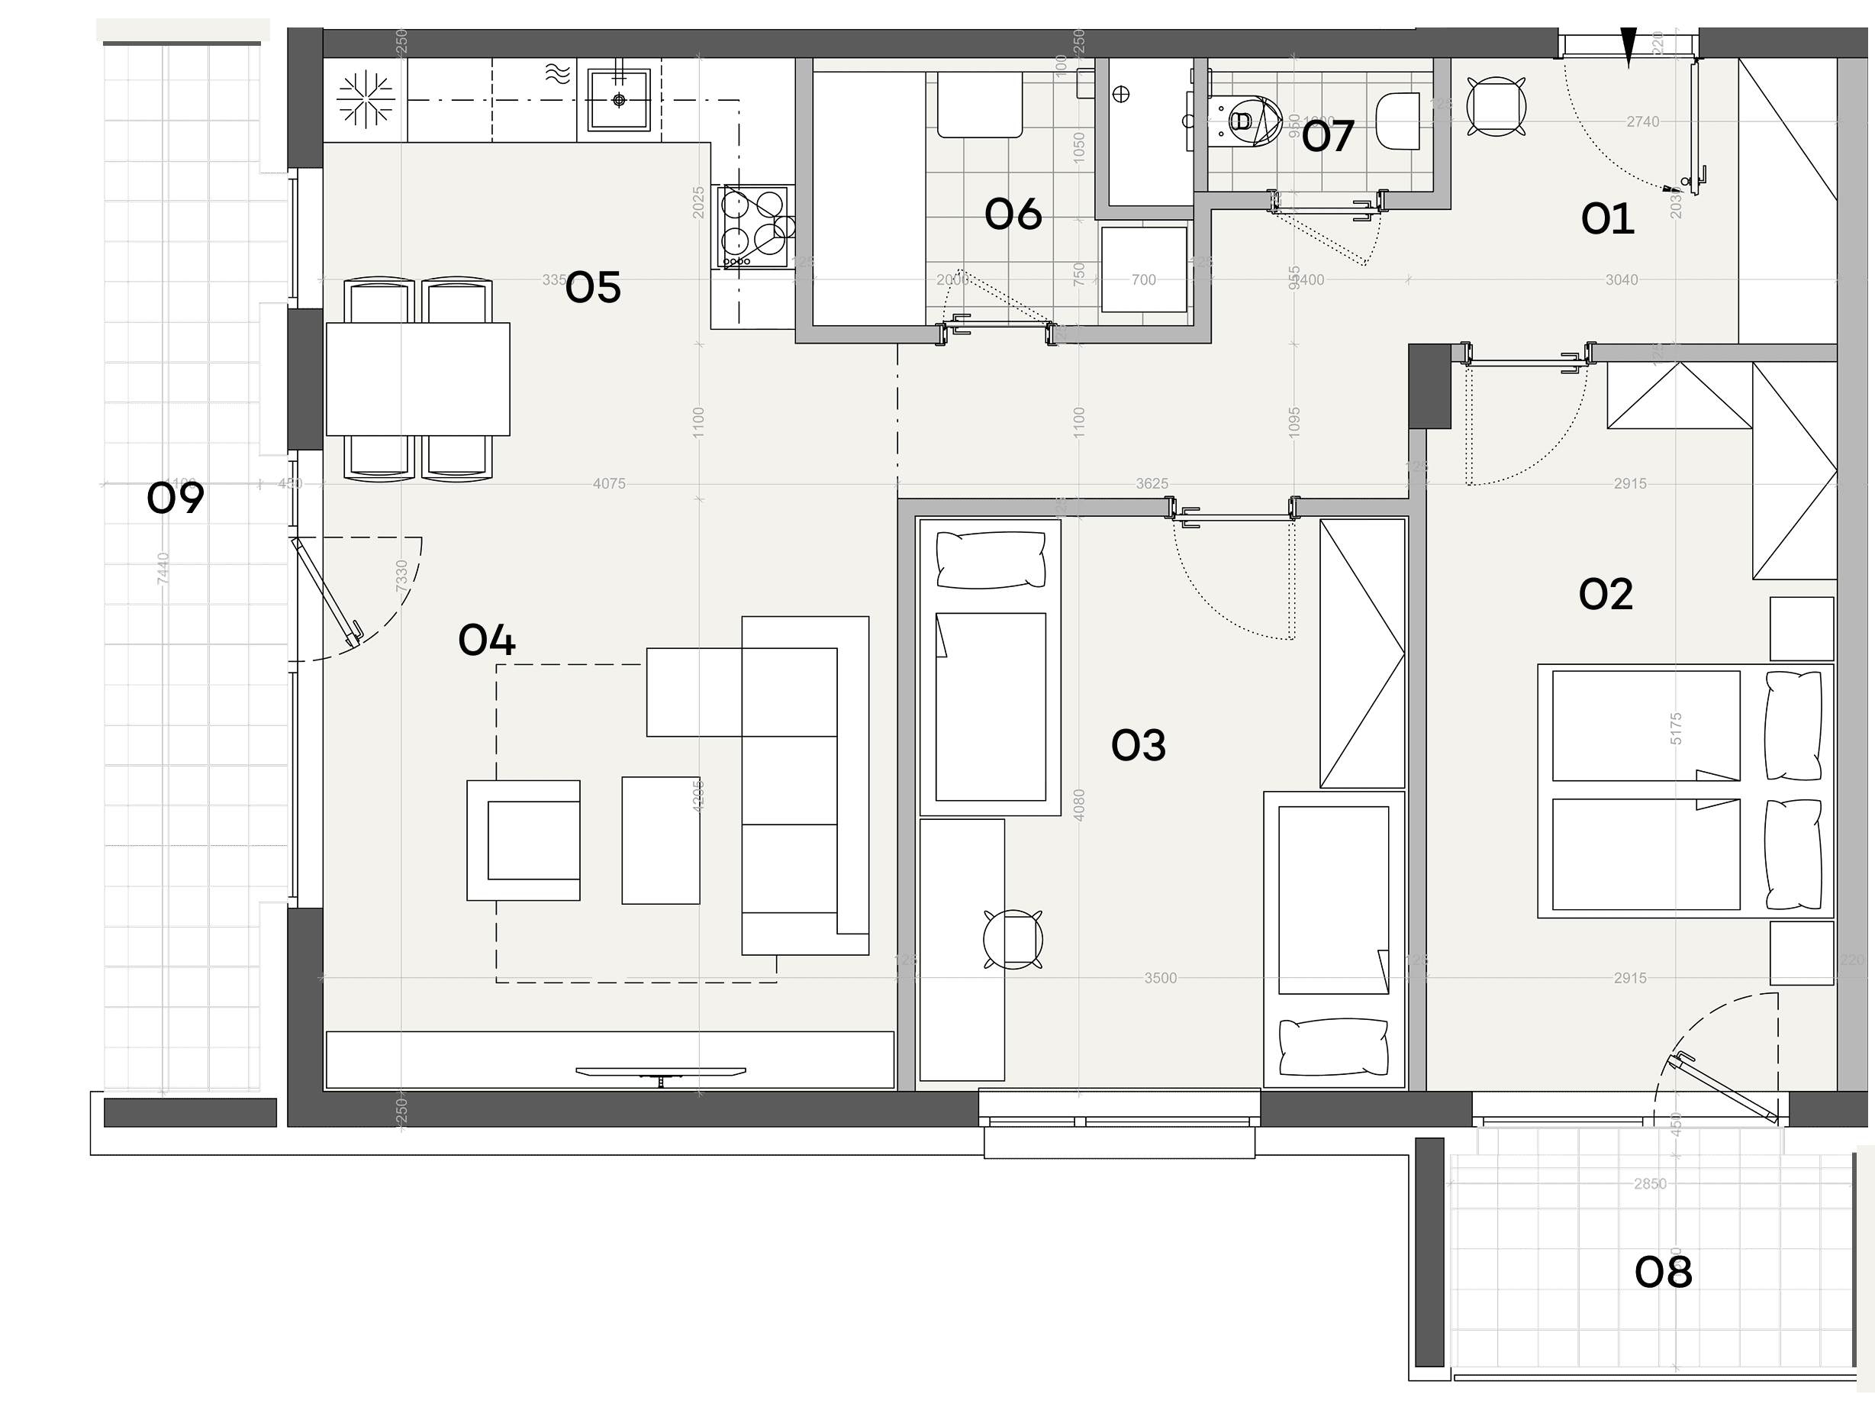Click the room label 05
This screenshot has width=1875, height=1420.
pos(592,289)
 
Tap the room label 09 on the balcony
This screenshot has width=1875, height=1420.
pos(175,498)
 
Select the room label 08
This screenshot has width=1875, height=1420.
pos(1662,1273)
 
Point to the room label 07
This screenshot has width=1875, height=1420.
pos(1327,137)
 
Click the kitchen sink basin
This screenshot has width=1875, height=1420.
pos(619,100)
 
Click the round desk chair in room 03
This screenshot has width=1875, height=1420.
pos(1013,939)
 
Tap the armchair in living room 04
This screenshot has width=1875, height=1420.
pos(524,840)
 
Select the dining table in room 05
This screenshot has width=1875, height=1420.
pos(418,379)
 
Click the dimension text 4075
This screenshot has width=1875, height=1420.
pos(609,484)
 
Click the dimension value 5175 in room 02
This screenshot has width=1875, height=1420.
pos(1675,729)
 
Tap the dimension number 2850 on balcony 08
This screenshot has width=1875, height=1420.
pos(1650,1183)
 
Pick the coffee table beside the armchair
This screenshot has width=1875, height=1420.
pos(660,840)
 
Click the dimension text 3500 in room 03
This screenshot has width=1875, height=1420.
pos(1160,978)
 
